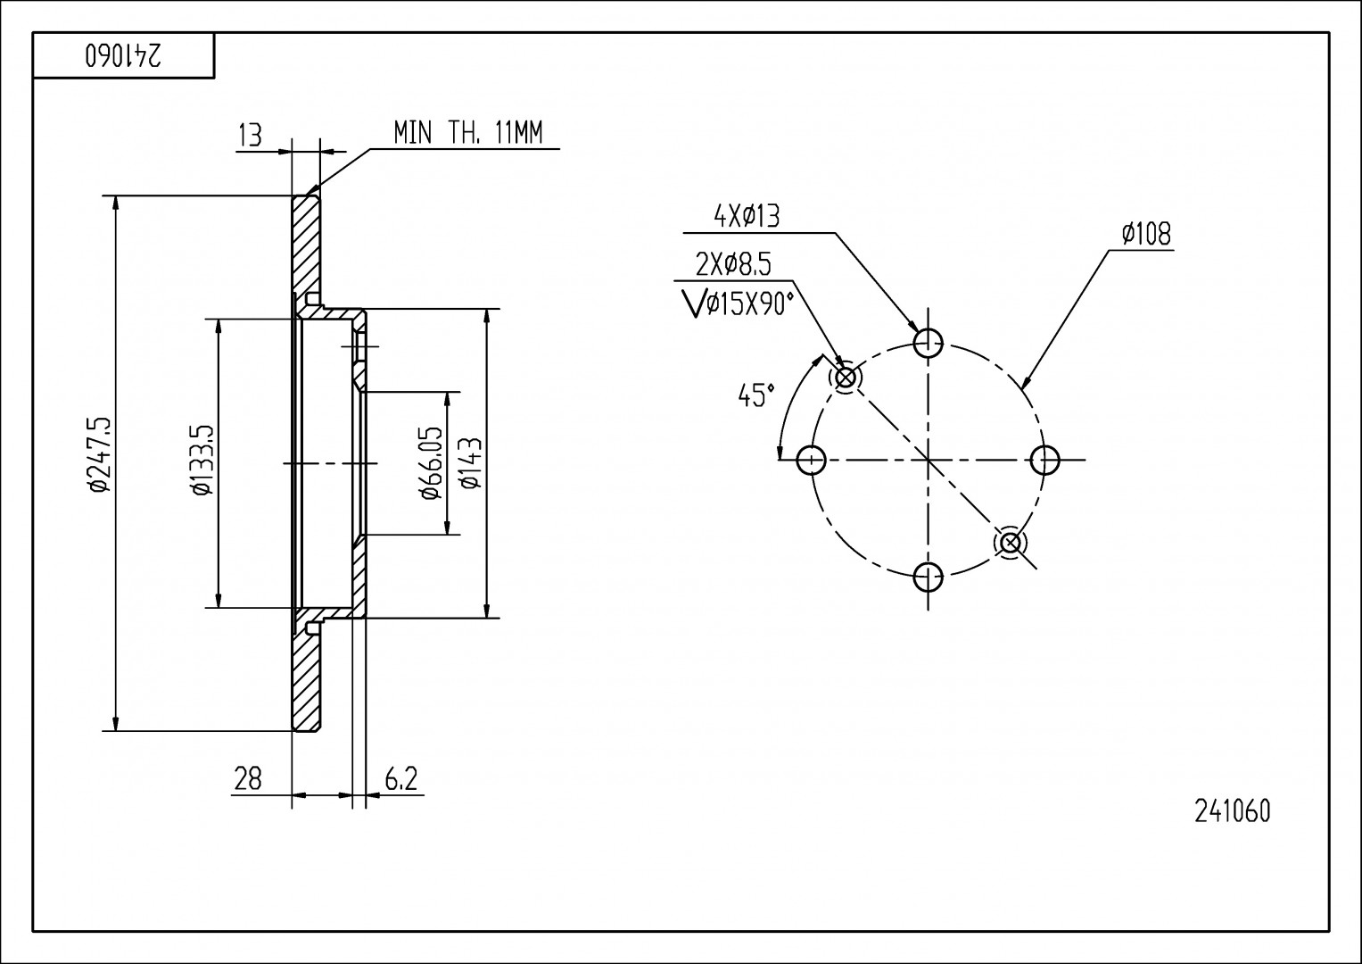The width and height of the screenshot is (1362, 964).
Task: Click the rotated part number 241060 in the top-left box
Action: [x=124, y=56]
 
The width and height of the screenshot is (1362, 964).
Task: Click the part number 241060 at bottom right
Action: [x=1232, y=810]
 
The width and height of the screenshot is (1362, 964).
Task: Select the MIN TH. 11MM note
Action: [x=467, y=134]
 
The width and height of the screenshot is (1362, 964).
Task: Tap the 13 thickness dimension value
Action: [x=251, y=136]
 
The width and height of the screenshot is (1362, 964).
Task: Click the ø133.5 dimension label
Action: [x=202, y=460]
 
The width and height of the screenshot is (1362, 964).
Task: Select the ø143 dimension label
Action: [x=471, y=463]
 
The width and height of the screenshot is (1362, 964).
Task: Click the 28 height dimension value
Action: [x=247, y=779]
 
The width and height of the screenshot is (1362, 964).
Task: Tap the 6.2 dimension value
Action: [x=400, y=779]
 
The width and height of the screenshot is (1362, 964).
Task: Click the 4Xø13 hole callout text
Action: [x=746, y=216]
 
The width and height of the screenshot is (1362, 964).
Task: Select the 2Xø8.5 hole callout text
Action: [x=733, y=264]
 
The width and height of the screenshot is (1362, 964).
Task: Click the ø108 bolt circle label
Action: [x=1146, y=234]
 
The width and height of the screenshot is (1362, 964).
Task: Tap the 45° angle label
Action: [x=756, y=395]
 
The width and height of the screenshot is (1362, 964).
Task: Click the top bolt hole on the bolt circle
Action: [x=929, y=341]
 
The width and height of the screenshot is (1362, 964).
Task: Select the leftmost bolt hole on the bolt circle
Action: [x=811, y=461]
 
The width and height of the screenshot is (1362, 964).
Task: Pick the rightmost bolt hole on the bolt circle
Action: [x=1044, y=461]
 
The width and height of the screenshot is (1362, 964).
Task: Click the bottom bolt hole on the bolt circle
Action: [x=929, y=577]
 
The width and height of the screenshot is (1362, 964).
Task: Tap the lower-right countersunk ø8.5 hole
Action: [x=1011, y=542]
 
